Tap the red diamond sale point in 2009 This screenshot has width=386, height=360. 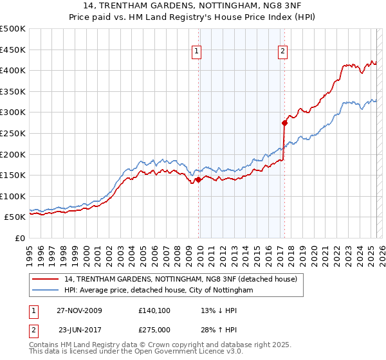198,180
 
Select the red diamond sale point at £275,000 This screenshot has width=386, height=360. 284,122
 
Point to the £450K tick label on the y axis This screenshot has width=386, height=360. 14,50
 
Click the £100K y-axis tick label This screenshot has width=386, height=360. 14,196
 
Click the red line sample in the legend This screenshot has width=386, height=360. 46,279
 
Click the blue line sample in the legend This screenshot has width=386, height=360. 46,291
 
